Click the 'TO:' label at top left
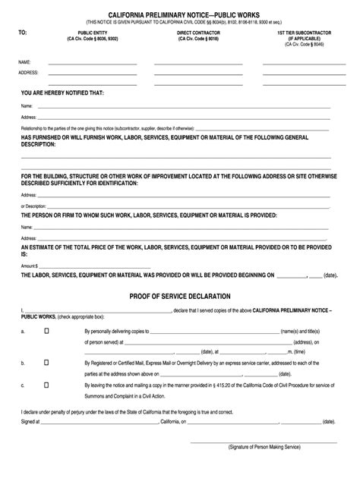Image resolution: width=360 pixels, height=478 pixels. point(23,33)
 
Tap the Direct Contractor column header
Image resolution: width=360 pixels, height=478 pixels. point(192,34)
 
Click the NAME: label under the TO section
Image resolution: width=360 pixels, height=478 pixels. point(24,61)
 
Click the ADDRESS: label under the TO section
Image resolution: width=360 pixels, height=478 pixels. point(29,73)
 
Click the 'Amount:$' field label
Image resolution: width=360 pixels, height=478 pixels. point(30,265)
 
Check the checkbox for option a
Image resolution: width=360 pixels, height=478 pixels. point(47,332)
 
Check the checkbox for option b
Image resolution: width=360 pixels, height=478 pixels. point(47,363)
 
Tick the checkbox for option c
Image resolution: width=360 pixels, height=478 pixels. point(47,385)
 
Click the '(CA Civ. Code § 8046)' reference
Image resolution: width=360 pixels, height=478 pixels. point(301,46)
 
